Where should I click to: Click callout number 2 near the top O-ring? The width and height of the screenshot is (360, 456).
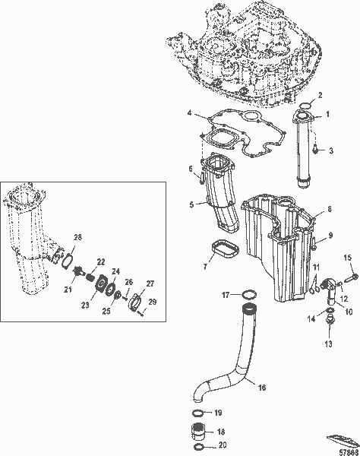point(321,95)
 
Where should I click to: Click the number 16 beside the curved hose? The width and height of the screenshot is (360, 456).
point(261,387)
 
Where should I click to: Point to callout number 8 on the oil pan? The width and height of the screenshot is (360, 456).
point(328,209)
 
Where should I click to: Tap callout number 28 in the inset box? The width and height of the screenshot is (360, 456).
point(77,239)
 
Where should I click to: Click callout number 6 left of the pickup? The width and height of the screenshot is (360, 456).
point(191,169)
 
